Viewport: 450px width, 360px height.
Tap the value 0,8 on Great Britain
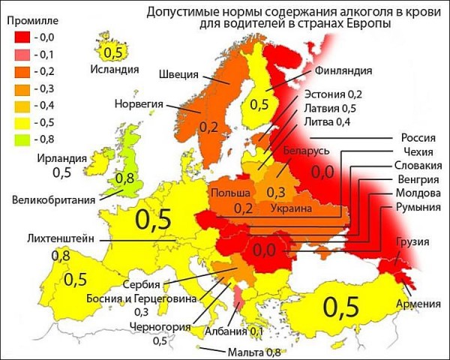pyautogui.click(x=125, y=178)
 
